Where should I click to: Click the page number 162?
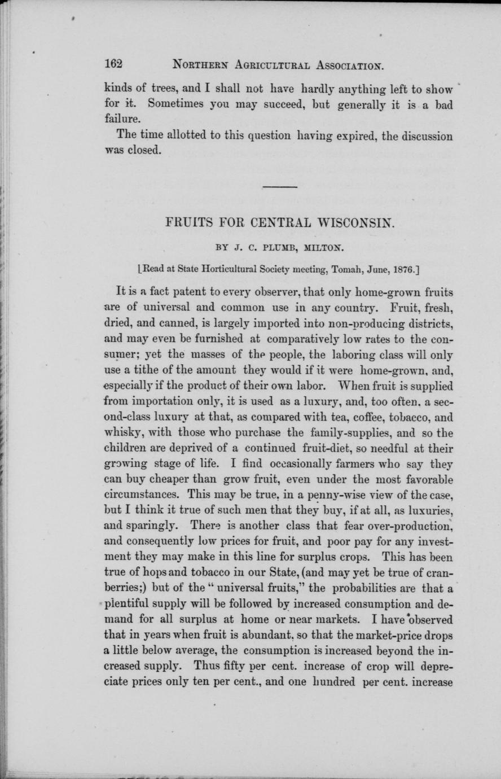pos(114,63)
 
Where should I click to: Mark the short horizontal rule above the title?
pos(279,186)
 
